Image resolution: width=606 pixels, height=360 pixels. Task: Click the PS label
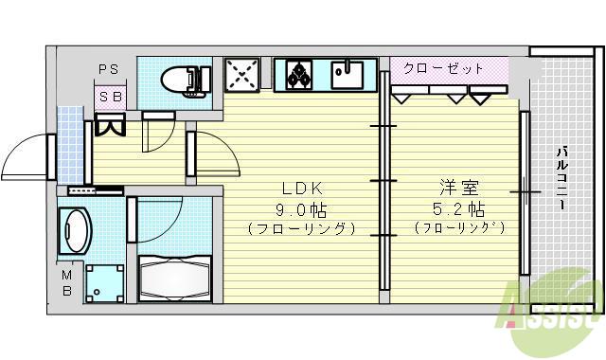[108, 68]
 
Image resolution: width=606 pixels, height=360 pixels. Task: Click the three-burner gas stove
[300, 74]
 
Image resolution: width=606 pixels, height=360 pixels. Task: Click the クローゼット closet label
[443, 68]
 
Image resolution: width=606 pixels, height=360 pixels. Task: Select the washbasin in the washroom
[76, 230]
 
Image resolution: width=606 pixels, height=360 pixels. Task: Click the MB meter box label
[67, 283]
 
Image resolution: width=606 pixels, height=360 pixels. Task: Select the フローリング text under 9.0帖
[300, 228]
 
